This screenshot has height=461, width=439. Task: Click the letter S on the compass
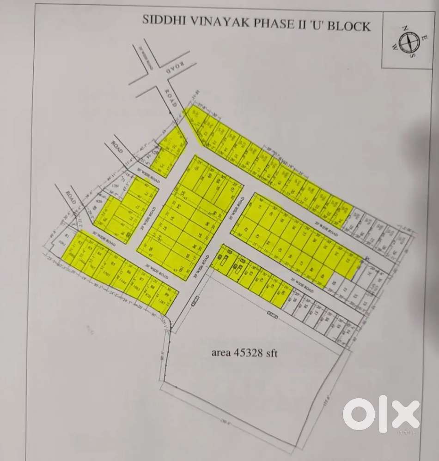pyautogui.click(x=413, y=54)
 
